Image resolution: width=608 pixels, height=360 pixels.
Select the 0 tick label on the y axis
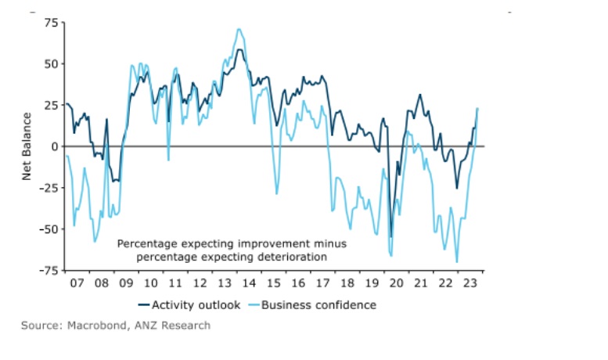click(x=55, y=146)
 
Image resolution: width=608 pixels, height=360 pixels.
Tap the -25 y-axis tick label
click(x=49, y=188)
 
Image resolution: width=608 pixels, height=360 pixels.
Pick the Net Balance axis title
click(x=27, y=146)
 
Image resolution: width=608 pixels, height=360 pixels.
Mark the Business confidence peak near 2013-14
click(x=239, y=30)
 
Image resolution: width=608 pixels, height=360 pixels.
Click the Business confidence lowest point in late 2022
click(x=457, y=262)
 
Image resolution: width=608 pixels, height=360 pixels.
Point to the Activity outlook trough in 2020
click(x=391, y=236)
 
